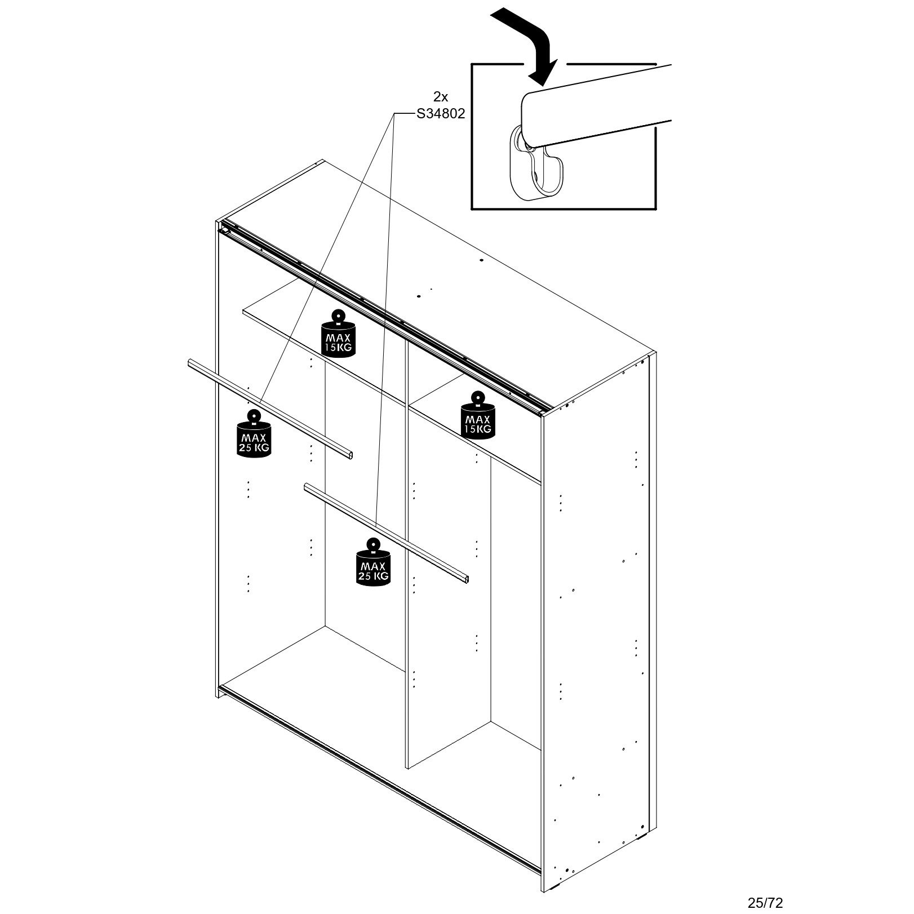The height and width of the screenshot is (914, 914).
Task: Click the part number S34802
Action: tap(441, 114)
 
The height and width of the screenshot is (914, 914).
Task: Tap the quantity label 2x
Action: tap(441, 96)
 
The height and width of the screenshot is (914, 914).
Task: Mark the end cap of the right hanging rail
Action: tap(465, 578)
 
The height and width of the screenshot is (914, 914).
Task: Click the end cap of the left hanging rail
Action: tap(349, 455)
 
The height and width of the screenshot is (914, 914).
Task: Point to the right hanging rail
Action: tap(387, 533)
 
